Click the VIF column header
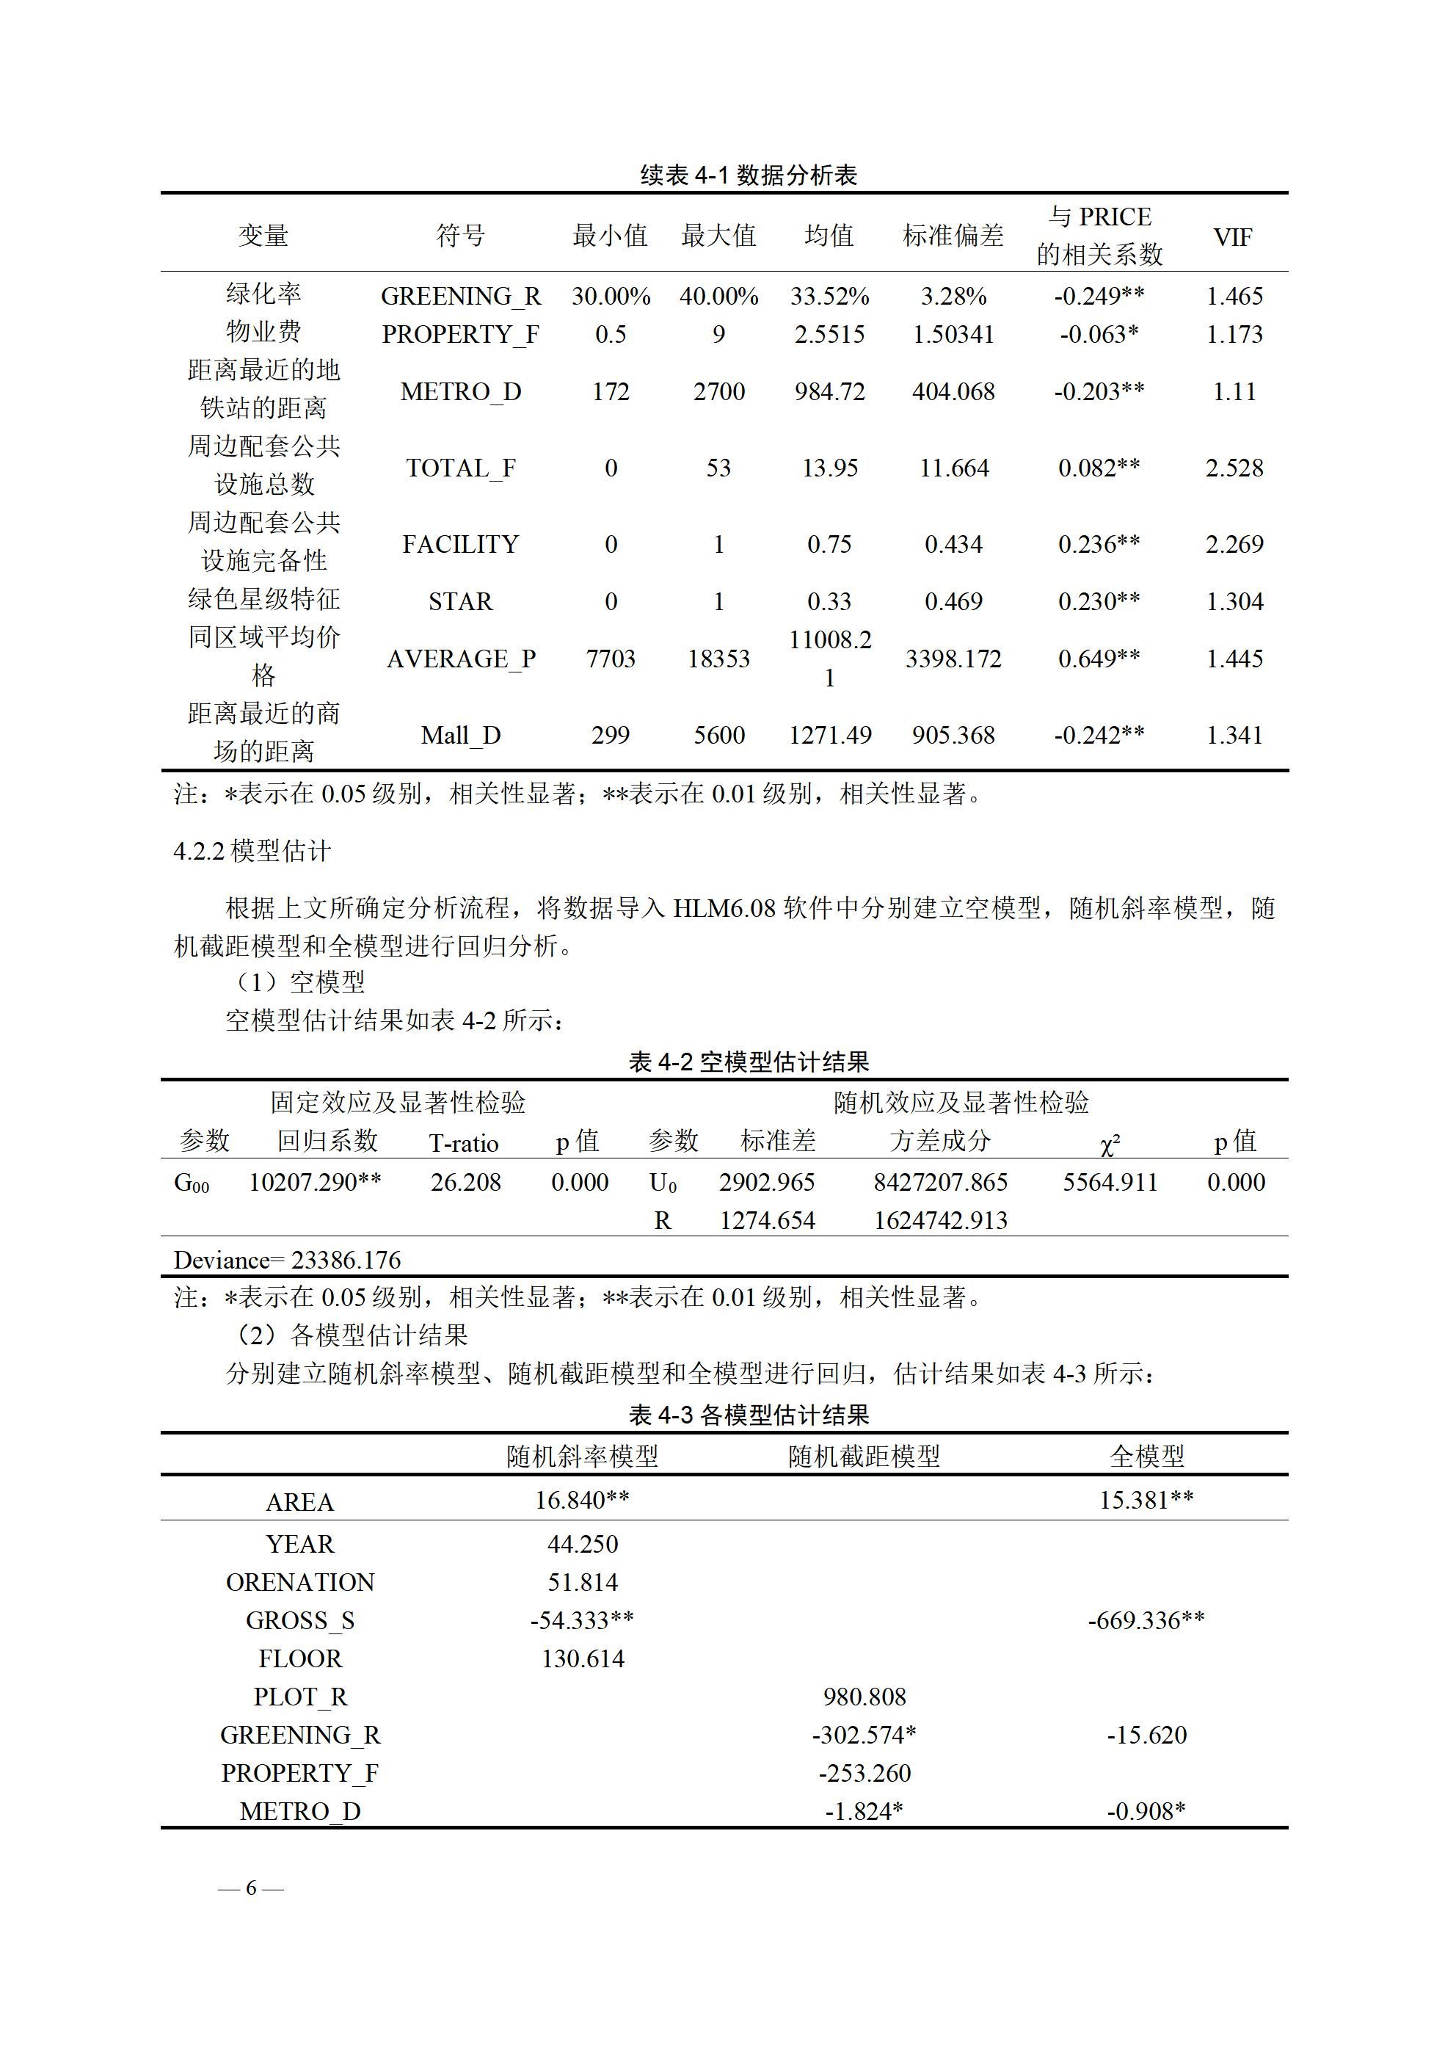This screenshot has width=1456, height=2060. [1233, 238]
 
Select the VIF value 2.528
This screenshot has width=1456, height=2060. [1234, 468]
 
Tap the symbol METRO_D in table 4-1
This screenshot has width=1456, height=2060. [460, 392]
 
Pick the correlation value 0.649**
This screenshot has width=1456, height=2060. [1099, 659]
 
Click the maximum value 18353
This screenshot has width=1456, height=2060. [718, 659]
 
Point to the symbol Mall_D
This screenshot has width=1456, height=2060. [460, 736]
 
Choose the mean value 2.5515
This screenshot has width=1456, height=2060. [829, 335]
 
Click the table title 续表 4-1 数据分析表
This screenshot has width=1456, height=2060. [749, 175]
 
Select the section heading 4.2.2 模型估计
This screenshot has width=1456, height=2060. [252, 851]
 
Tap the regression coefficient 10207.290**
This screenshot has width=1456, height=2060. [315, 1183]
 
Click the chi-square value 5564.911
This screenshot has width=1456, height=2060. [1110, 1183]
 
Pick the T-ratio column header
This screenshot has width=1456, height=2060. [463, 1143]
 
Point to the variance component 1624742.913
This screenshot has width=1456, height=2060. [940, 1221]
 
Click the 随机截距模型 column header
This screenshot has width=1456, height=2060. [864, 1457]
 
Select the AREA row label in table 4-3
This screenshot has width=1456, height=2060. [299, 1503]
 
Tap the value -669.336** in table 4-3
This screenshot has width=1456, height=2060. [1146, 1620]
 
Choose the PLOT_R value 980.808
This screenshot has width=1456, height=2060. [864, 1697]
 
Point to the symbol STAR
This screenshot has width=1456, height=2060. [460, 602]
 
